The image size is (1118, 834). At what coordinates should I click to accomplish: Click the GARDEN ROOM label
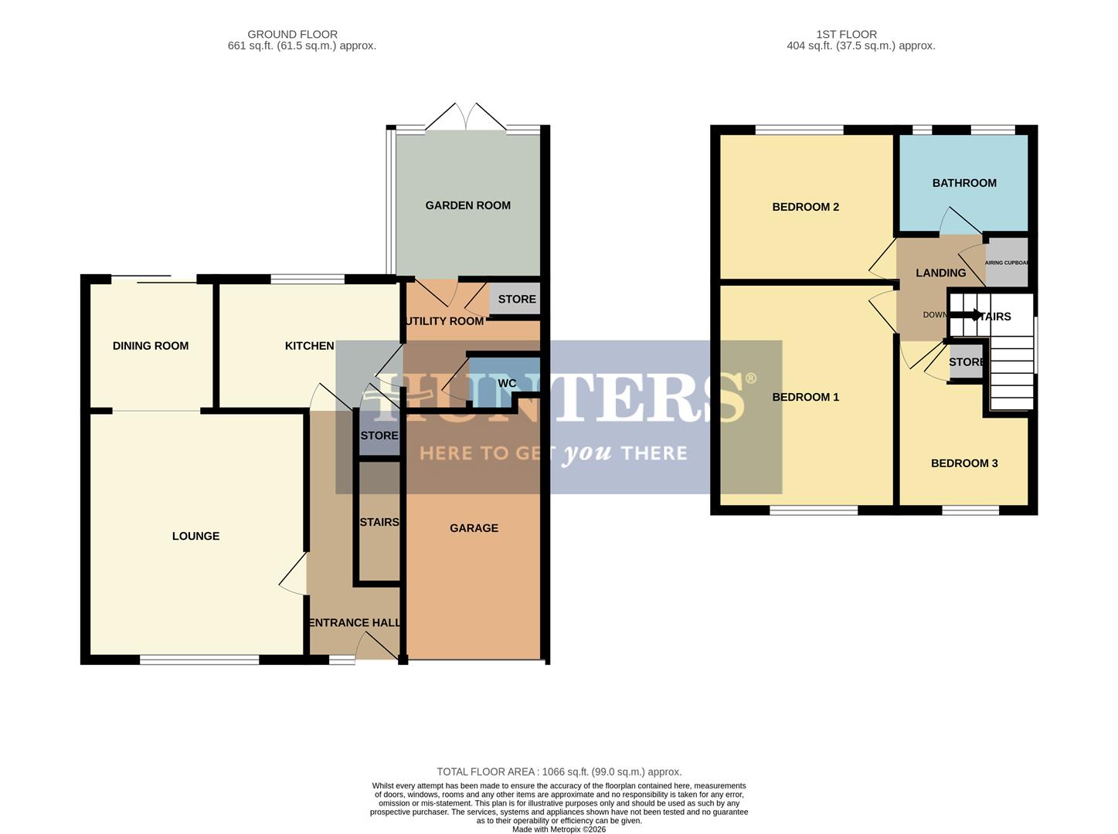tap(467, 205)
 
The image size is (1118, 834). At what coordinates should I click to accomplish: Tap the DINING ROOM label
tap(151, 346)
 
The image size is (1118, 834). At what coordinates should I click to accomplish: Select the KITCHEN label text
tap(309, 346)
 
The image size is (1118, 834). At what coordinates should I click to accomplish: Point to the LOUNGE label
tap(195, 536)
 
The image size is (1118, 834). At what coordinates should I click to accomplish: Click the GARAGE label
tap(474, 528)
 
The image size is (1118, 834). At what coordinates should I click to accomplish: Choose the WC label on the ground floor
tap(507, 384)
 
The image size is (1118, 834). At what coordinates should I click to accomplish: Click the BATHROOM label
tap(964, 183)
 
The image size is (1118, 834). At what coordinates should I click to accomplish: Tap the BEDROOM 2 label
tap(805, 207)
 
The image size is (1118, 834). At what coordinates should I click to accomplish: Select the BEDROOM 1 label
tap(805, 397)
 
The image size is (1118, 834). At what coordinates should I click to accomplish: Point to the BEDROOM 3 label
tap(964, 463)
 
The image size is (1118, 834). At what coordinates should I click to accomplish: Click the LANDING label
tap(940, 273)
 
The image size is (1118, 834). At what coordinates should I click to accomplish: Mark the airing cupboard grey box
tap(1008, 263)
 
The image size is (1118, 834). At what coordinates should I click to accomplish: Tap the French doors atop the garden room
tap(467, 118)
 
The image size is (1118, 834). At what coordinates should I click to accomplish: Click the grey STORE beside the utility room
tap(515, 300)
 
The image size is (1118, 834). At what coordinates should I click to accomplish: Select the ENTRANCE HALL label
tap(355, 623)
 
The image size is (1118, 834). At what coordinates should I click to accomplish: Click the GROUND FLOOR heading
tap(292, 34)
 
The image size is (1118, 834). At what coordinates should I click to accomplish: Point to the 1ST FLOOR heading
tap(846, 34)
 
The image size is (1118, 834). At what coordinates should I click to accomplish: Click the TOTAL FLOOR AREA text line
tap(559, 771)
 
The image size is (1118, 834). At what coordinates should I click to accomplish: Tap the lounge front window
tap(199, 659)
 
